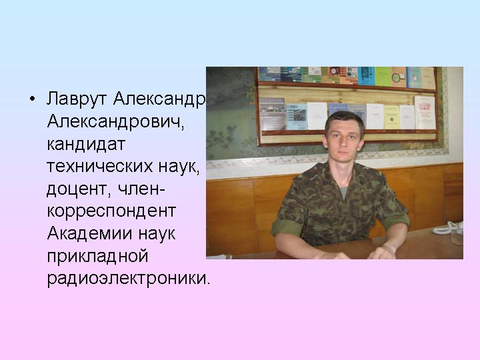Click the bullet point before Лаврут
point(32,99)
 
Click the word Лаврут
point(77,99)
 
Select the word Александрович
point(116,121)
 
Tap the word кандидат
point(86,143)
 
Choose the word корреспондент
point(111,211)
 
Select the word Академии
point(90,233)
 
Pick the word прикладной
point(97,256)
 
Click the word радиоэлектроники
point(129,279)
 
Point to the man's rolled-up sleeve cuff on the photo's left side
point(287,228)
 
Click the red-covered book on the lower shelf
point(425,113)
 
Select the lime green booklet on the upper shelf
point(383,77)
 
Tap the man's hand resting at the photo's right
point(383,253)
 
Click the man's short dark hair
point(345,121)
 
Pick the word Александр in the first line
point(159,99)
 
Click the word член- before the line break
point(141,189)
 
